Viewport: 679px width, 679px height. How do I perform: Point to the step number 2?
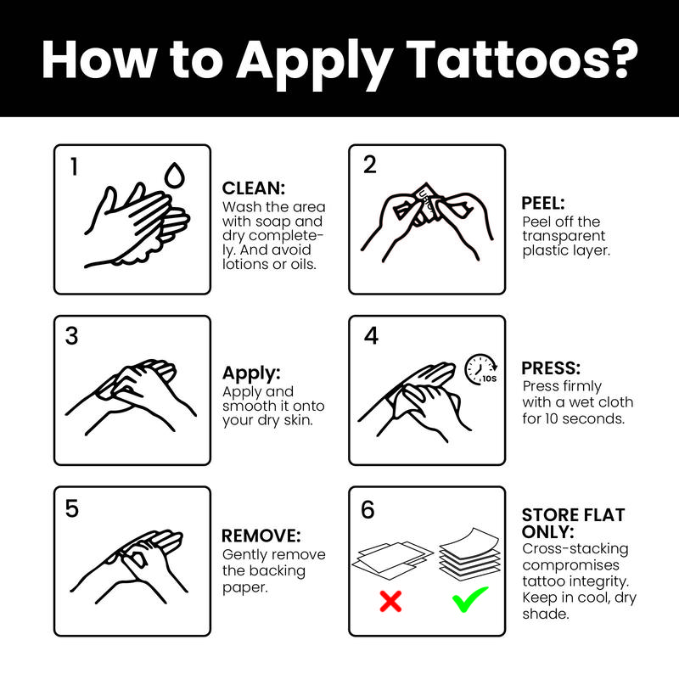[x=369, y=166]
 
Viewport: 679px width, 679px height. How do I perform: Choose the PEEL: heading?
[x=544, y=204]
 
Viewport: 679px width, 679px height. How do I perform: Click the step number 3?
[x=72, y=336]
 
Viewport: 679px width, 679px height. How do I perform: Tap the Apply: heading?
[x=250, y=373]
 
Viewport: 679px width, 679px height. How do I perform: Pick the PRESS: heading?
[x=551, y=369]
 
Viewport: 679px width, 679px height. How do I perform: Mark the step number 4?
[x=371, y=336]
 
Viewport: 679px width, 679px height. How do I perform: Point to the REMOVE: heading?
[x=261, y=536]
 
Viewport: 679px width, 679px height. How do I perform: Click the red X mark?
[x=390, y=602]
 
